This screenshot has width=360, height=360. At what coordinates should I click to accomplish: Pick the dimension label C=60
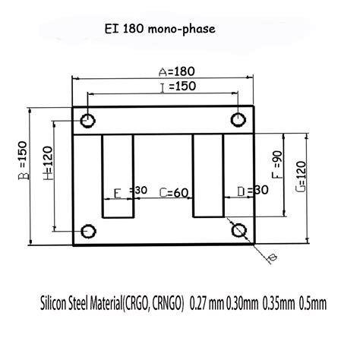[174, 193]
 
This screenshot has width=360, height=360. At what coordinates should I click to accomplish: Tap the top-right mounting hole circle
[238, 120]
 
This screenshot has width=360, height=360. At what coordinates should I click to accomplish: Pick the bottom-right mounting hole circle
[238, 230]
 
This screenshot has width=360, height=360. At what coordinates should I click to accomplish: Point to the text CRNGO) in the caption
[163, 304]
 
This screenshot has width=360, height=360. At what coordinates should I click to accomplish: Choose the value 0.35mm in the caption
[278, 304]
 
